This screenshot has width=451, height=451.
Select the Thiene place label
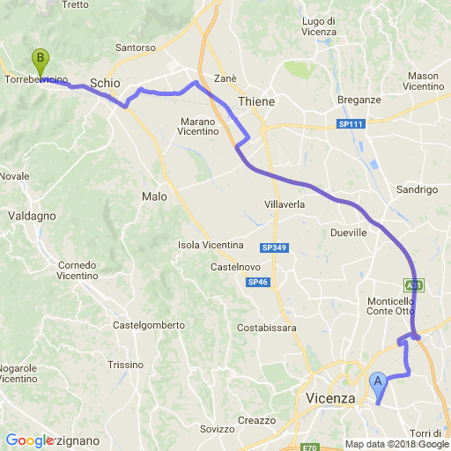pos(256,101)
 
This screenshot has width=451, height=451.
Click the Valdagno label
pos(32,215)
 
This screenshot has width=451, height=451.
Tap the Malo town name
pos(154,196)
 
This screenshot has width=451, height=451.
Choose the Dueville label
pos(347,233)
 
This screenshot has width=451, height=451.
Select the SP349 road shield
pos(274,248)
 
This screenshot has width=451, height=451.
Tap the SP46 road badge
pos(257,282)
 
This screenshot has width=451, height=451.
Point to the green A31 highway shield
pos(414,285)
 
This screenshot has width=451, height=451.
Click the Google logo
pos(29,440)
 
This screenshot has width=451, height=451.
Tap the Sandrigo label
pos(417,189)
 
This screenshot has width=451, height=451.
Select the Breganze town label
pos(359,100)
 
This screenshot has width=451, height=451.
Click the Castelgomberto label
pos(149,325)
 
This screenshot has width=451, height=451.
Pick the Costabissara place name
pos(267,328)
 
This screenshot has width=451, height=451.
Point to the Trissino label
pos(126,364)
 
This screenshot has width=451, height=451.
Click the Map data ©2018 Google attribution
pos(396,444)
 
